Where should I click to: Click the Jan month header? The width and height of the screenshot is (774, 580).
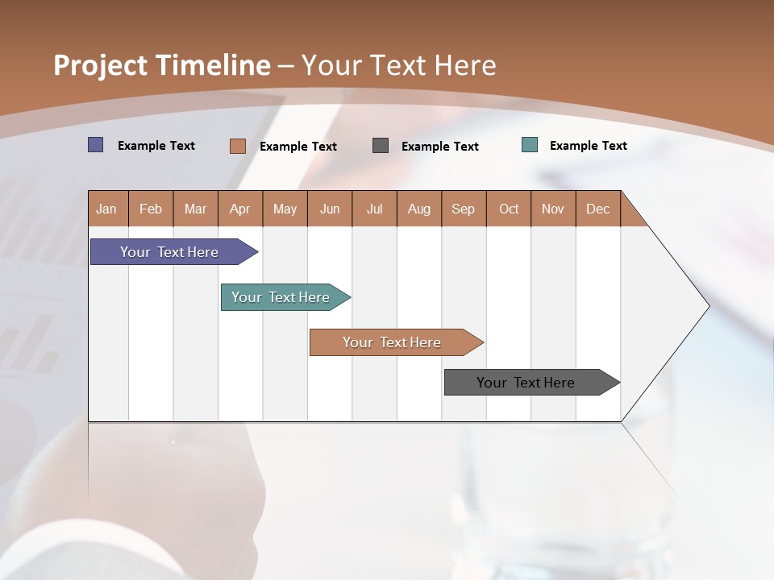tap(107, 209)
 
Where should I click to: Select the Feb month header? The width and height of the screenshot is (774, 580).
tap(151, 209)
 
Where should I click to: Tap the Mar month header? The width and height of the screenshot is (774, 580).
tap(195, 209)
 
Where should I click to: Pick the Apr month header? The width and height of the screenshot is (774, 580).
tap(240, 209)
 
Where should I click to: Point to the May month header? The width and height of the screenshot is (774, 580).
tap(285, 209)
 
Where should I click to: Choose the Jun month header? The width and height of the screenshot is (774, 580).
tap(330, 209)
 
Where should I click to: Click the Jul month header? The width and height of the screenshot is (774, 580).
tap(375, 209)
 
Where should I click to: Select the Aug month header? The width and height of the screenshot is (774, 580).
tap(419, 209)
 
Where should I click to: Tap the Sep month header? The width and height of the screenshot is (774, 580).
tap(464, 209)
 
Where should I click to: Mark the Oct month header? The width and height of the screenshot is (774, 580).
tap(509, 209)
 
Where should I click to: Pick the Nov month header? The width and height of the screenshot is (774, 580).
tap(553, 209)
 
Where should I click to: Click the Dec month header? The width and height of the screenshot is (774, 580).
tap(598, 209)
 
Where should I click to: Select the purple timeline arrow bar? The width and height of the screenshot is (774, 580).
tap(170, 252)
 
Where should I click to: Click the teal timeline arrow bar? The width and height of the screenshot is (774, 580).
tap(281, 297)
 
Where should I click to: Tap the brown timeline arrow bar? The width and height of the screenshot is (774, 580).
tap(393, 342)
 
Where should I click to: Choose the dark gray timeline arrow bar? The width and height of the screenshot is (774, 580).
tap(526, 383)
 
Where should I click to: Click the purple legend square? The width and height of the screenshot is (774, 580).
tap(96, 145)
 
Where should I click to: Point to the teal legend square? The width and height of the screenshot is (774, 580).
tap(530, 145)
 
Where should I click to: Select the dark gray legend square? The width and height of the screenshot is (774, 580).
tap(381, 146)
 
